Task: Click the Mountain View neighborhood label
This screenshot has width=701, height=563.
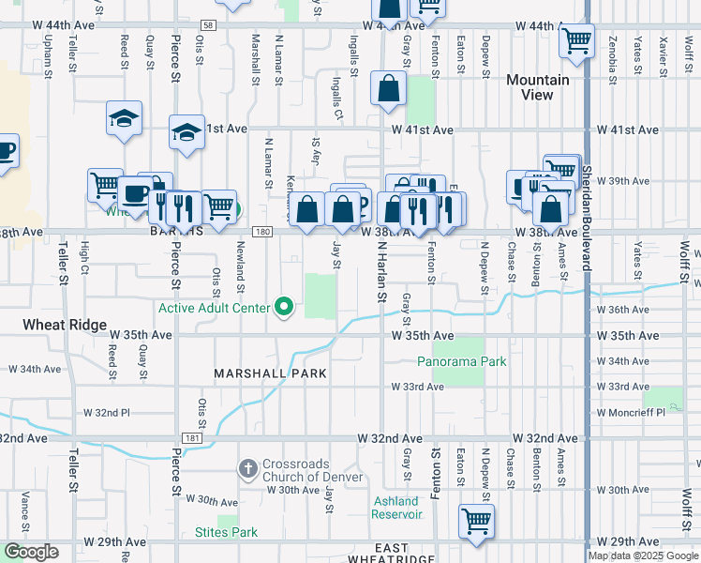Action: point(537,87)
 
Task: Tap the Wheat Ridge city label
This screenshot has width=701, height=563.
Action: point(62,325)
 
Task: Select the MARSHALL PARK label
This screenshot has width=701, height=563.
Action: point(270,373)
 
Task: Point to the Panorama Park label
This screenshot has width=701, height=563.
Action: point(461,361)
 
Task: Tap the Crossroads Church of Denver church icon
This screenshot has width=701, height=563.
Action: point(247,467)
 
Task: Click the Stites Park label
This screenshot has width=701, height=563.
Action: point(226,533)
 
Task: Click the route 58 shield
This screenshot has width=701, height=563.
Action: point(207,25)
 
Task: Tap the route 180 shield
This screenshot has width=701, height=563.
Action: point(263,232)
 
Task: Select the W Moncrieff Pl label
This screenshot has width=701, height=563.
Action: point(633,412)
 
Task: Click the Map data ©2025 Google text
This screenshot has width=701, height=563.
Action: point(642,555)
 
